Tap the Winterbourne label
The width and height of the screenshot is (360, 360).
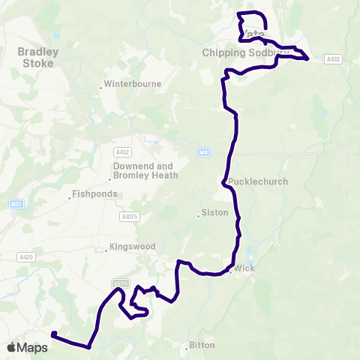pos(133,84)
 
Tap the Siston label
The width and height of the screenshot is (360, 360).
pos(214,213)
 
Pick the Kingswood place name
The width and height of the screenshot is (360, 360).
pos(132,246)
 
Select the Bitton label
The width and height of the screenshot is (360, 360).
pos(202,346)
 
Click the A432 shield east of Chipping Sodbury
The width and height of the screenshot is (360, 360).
pos(333,58)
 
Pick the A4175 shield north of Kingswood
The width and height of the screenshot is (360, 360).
pos(129,217)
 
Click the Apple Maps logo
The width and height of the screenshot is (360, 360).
pos(27,347)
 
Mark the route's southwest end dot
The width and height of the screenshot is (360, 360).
pos(54,334)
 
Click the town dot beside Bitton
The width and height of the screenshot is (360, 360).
pos(187,347)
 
